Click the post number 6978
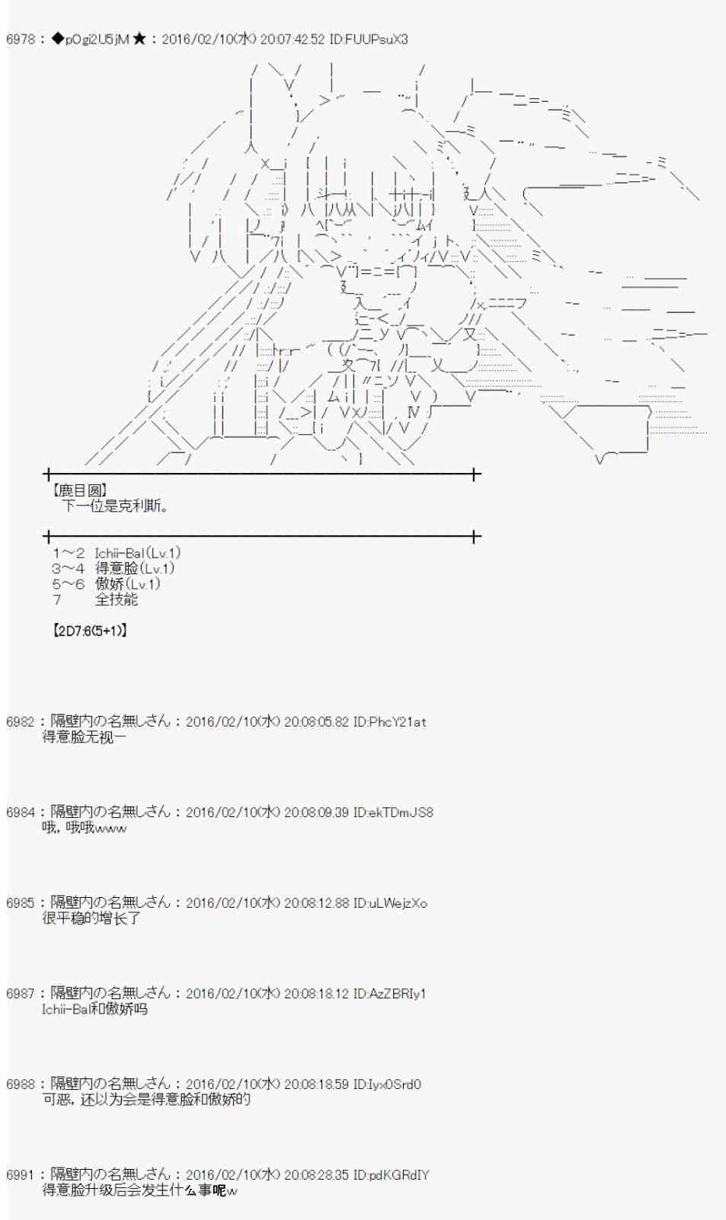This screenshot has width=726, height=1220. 20,39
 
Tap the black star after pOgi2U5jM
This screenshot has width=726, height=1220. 139,39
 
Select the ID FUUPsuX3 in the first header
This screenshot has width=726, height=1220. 369,39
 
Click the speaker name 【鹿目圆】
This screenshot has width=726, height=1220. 79,490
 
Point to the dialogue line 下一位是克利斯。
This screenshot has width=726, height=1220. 116,506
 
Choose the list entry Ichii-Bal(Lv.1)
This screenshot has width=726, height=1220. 138,554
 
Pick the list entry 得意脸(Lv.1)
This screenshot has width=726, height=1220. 135,569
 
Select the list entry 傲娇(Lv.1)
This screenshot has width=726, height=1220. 128,584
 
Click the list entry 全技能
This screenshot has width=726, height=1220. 117,599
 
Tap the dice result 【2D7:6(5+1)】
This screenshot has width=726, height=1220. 90,631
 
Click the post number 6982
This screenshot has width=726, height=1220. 20,722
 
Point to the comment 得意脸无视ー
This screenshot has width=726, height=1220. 85,737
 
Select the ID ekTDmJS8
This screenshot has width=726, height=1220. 393,813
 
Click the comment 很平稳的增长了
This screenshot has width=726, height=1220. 91,918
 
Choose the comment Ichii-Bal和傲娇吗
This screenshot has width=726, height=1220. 94,1009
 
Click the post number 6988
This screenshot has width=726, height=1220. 20,1084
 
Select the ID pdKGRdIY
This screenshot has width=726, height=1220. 391,1174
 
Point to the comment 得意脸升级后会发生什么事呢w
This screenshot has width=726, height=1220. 140,1190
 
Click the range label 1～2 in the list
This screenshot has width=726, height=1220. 69,554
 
